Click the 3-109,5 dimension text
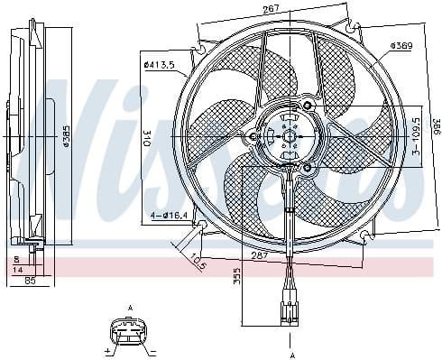click(x=414, y=135)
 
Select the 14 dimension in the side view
click(x=17, y=269)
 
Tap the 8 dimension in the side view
click(x=17, y=257)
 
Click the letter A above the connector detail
click(x=130, y=309)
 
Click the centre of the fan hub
click(x=290, y=137)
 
